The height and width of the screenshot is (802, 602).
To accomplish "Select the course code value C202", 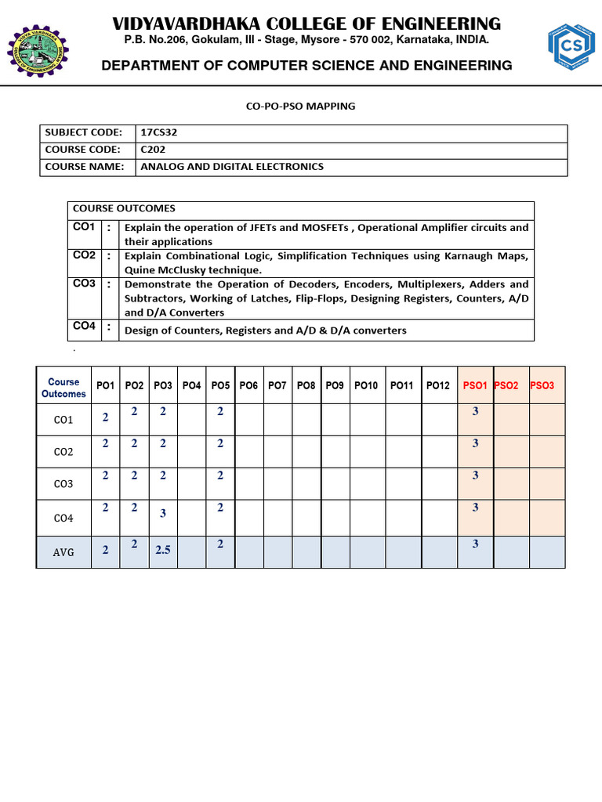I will [x=152, y=149].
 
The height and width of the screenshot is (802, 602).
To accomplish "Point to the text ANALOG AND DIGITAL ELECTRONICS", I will [x=231, y=166].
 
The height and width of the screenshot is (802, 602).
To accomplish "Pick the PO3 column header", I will [x=163, y=385].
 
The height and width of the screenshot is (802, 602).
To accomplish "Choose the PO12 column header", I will [x=439, y=385].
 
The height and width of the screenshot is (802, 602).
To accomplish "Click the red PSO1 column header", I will [x=475, y=385].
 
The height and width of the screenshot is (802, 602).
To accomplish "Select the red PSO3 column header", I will [x=542, y=385].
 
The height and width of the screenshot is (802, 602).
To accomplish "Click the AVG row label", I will [x=63, y=552].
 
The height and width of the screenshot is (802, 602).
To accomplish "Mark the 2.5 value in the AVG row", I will [x=163, y=551].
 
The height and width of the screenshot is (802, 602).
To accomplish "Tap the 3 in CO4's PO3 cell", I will [x=163, y=514].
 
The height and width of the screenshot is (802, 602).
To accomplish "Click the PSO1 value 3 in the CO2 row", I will [x=476, y=443].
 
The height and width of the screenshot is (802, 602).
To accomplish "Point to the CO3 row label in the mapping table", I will [x=63, y=484].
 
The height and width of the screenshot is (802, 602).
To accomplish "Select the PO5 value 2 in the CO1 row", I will [x=220, y=411].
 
